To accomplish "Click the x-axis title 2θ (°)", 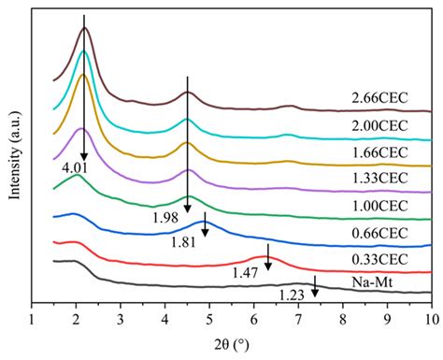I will (x=233, y=347).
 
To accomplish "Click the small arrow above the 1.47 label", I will (x=268, y=256).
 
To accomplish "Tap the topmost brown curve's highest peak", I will (x=85, y=29).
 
